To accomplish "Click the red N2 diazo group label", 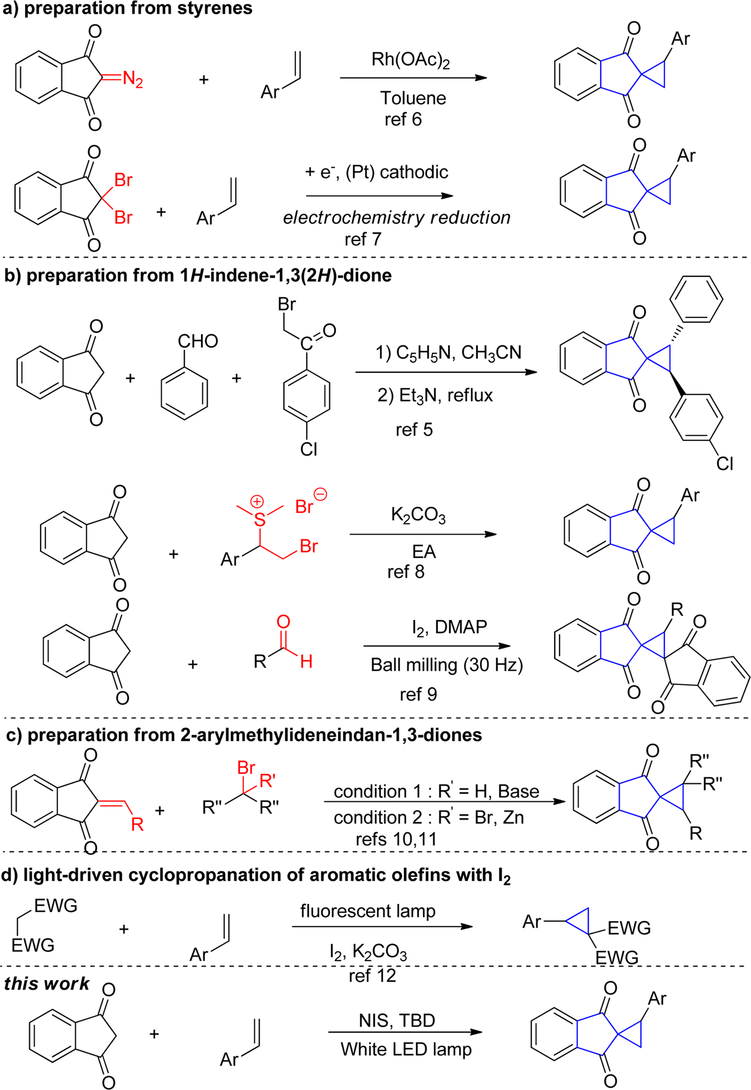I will (x=132, y=79).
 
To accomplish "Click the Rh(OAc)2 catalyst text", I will (x=410, y=60).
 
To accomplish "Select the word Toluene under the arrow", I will (x=413, y=98).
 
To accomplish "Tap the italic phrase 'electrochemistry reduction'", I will (x=397, y=218).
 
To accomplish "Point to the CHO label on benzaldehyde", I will (x=197, y=341).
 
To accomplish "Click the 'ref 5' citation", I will (x=414, y=430).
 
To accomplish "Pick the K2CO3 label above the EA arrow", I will (x=418, y=515).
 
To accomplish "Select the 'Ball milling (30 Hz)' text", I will (x=447, y=665).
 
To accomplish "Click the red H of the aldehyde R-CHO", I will (x=306, y=661).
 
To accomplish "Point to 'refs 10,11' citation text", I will (x=396, y=839).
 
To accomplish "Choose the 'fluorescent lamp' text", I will (x=367, y=912).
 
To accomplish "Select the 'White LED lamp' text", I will (x=406, y=1049).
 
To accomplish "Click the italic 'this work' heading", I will (x=47, y=983).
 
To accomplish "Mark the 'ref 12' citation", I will (x=372, y=975).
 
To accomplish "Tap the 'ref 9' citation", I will (x=418, y=694).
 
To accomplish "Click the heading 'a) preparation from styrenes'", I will (x=128, y=9).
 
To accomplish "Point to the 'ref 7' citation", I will (x=363, y=239).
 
